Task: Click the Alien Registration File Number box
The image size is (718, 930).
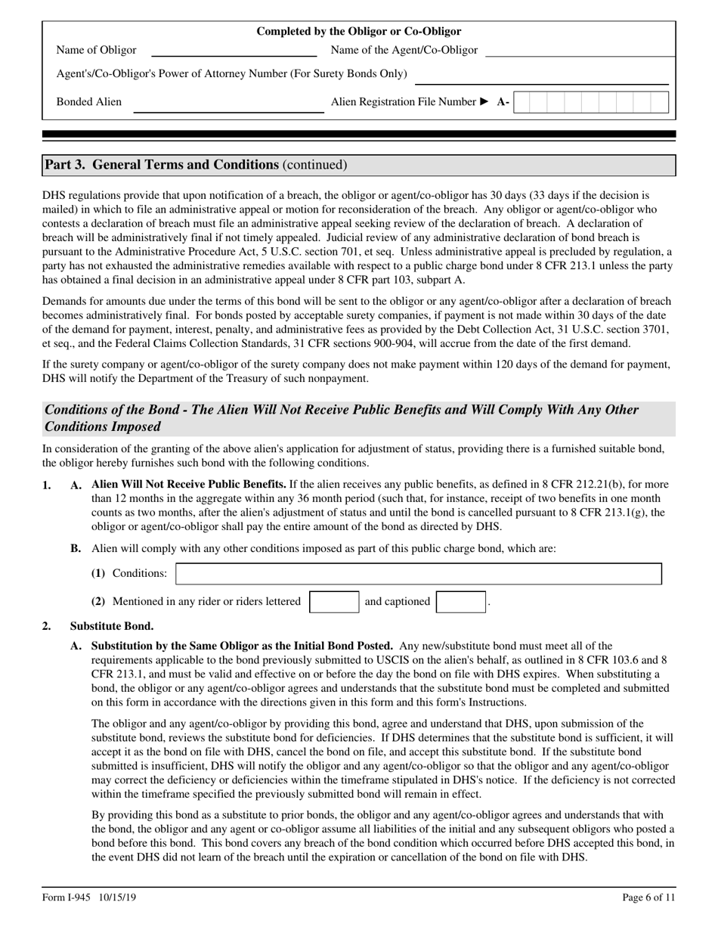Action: click(x=591, y=102)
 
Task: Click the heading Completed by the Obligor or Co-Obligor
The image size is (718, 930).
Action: click(x=359, y=31)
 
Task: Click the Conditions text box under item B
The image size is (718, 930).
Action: click(x=418, y=574)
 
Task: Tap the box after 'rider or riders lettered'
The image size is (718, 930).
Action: click(x=334, y=602)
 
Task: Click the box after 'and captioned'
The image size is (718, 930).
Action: click(x=461, y=602)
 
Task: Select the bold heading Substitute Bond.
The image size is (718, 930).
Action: click(x=112, y=626)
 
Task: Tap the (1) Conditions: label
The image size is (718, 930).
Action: click(x=129, y=574)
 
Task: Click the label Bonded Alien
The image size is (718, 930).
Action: click(x=89, y=102)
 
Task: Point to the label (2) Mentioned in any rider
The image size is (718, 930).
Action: click(x=196, y=602)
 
